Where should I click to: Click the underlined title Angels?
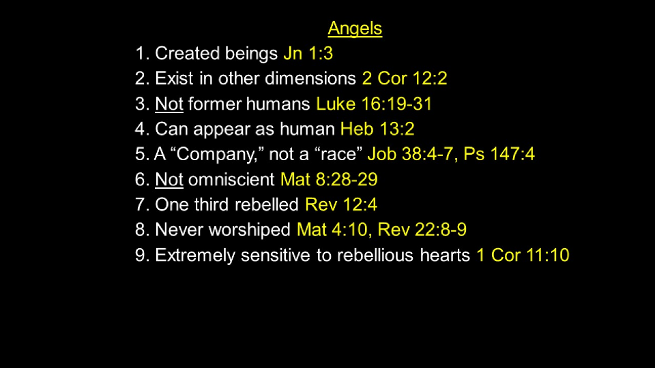pos(355,29)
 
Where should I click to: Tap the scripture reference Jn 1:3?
pos(308,53)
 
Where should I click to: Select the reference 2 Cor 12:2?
pos(405,78)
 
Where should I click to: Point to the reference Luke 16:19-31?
pos(374,104)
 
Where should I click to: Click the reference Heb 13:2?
pos(377,129)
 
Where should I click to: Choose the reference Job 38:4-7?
pos(410,154)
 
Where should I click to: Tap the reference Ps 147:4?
pos(499,154)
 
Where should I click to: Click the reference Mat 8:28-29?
pos(329,179)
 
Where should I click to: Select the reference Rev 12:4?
pos(341,204)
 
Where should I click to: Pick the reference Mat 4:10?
pos(332,230)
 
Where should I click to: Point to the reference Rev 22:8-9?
pos(422,230)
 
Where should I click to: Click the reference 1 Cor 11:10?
pos(523,255)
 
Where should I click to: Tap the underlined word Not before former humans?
pos(169,104)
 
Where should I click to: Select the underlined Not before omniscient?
pos(169,179)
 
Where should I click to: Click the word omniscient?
pos(231,179)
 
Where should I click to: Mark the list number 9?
pos(140,255)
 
